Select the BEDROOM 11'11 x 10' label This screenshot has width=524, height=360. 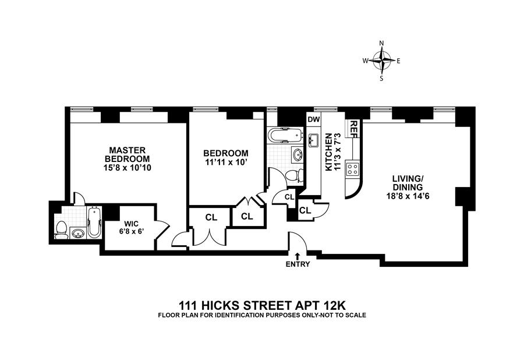pos(226,157)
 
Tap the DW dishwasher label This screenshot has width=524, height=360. pos(314,120)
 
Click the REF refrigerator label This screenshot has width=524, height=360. pos(353,128)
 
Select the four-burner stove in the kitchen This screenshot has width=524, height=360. pos(352,169)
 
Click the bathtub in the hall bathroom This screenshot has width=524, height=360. pos(285,136)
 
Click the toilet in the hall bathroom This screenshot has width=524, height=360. pos(296,175)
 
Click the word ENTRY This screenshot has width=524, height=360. pos(298,264)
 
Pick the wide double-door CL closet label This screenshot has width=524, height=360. pos(211,217)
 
